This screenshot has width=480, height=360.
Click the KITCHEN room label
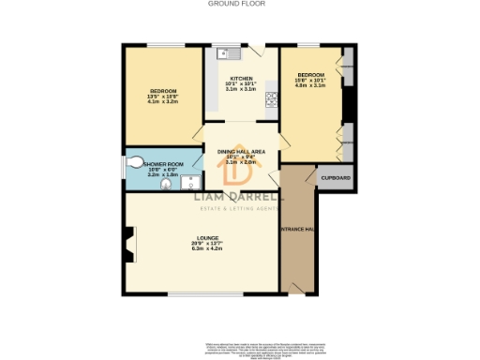[x=240, y=79]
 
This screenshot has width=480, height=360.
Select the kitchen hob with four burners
[x=272, y=97]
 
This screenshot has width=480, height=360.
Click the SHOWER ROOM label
[x=163, y=163]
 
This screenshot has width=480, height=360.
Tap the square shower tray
[x=192, y=182]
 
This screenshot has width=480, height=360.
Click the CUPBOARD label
[x=336, y=178]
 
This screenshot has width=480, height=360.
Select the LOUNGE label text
[x=208, y=238]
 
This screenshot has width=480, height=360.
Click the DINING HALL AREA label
[x=240, y=152]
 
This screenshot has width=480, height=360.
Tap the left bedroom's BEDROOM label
[x=163, y=90]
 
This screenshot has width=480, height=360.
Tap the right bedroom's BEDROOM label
[x=311, y=75]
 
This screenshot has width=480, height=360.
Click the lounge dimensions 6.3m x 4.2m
[x=208, y=249]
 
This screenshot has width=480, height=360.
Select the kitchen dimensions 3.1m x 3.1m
[x=240, y=89]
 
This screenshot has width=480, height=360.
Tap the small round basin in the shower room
[x=166, y=185]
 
